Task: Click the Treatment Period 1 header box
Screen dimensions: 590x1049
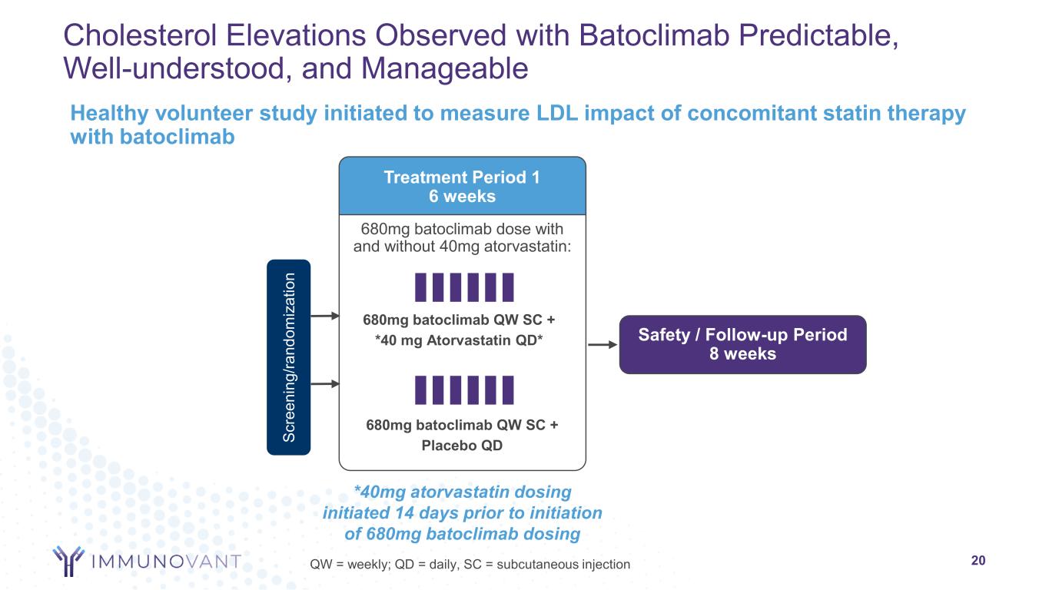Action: (x=462, y=186)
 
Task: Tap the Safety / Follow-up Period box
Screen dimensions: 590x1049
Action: (x=742, y=344)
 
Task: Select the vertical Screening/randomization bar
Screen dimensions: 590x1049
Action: (x=289, y=357)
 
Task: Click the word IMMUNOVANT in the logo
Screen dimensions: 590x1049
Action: (x=166, y=562)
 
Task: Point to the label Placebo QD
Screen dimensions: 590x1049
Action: (x=462, y=445)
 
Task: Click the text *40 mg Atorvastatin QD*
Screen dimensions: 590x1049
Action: (x=462, y=340)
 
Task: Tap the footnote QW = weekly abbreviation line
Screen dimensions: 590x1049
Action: (x=470, y=565)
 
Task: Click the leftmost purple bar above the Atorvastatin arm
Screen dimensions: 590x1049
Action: (x=420, y=287)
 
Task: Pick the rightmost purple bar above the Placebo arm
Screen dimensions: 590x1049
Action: (x=508, y=389)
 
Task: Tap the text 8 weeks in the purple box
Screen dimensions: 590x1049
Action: (x=742, y=354)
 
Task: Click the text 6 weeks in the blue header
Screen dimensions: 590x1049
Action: (x=462, y=196)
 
